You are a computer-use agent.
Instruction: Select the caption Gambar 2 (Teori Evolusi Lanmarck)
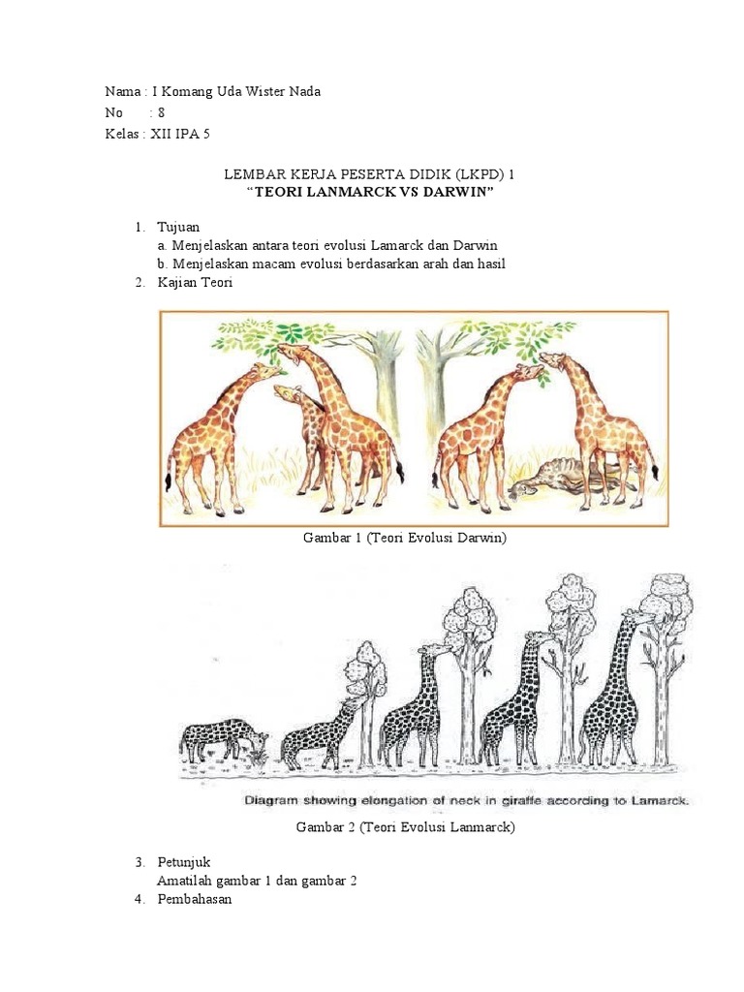tap(404, 826)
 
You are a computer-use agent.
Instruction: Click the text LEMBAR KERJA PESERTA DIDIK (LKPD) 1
tap(369, 174)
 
